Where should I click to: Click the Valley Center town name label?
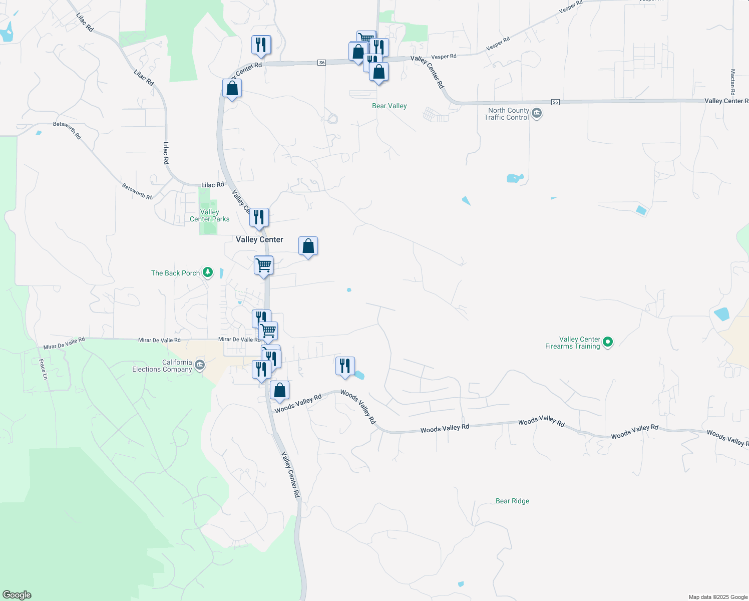click(x=259, y=239)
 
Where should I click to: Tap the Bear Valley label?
click(x=389, y=106)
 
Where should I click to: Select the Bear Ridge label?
click(x=512, y=501)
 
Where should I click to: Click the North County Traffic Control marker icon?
click(x=537, y=113)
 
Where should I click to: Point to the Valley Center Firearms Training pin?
click(x=608, y=343)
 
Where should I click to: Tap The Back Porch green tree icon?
click(x=208, y=273)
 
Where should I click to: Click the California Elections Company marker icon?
click(x=199, y=365)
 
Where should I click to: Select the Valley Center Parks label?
click(x=209, y=215)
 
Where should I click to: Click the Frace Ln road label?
click(x=43, y=369)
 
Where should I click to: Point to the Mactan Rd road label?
click(x=732, y=82)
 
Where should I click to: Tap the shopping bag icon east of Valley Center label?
click(x=308, y=246)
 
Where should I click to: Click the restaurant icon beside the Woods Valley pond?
click(x=345, y=366)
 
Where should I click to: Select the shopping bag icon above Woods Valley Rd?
click(x=279, y=390)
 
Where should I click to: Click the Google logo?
click(x=17, y=595)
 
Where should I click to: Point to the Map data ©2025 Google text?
click(x=718, y=597)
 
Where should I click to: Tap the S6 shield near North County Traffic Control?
click(x=555, y=102)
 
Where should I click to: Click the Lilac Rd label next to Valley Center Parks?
click(x=212, y=185)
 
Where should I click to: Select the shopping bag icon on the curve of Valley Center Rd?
click(x=232, y=88)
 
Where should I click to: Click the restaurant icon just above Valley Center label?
click(x=259, y=217)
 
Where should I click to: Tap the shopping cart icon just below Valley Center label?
click(x=263, y=265)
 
